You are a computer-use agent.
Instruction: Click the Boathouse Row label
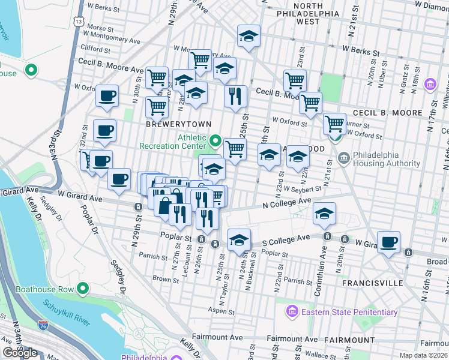point(40,289)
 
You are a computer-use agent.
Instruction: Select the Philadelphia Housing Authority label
point(386,158)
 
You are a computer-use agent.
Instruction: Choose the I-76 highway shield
point(43,326)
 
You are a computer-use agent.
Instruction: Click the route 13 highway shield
point(79,20)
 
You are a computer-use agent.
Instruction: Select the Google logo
point(20,353)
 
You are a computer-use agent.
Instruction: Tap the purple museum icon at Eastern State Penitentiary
point(292,312)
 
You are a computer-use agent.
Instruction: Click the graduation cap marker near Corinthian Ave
point(324,214)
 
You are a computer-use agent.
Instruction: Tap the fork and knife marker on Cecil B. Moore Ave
point(235,95)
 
